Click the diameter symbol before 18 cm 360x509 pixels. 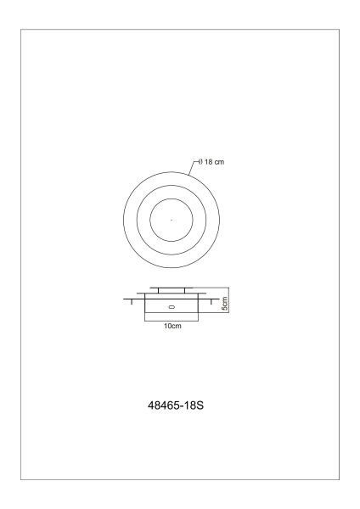click(x=198, y=162)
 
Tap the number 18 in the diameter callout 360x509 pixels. click(x=207, y=162)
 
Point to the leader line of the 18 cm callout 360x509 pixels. click(x=191, y=168)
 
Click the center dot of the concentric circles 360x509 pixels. click(x=171, y=221)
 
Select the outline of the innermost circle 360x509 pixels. click(x=150, y=221)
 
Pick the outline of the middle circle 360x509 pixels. click(x=138, y=221)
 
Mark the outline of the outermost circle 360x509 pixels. click(x=123, y=221)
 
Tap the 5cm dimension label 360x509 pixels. click(x=225, y=302)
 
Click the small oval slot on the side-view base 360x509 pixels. click(x=171, y=307)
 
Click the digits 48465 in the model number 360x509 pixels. click(x=160, y=406)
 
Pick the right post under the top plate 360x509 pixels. click(x=186, y=292)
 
